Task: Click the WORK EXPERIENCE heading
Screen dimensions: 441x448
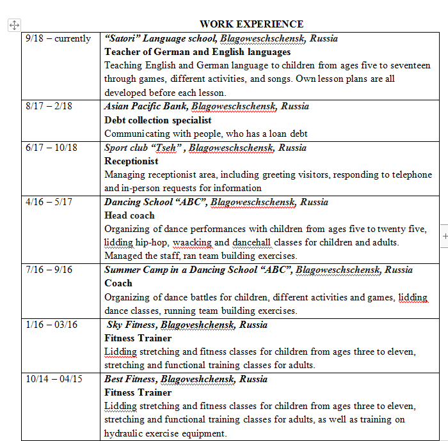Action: [x=252, y=24]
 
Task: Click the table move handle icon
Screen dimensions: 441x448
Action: [x=14, y=25]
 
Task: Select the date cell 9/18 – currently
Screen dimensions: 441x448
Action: [x=58, y=38]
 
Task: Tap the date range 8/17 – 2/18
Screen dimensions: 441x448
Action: [x=49, y=106]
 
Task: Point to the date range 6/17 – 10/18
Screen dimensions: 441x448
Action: [x=51, y=147]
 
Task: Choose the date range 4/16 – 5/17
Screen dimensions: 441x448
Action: [x=49, y=202]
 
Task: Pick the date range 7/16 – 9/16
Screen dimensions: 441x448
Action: [x=49, y=270]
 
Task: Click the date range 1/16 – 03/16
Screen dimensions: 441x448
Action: [x=51, y=325]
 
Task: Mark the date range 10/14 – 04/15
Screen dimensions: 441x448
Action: [x=54, y=379]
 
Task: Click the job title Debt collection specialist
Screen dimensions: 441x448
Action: [x=157, y=120]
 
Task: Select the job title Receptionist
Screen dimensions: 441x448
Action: [x=131, y=161]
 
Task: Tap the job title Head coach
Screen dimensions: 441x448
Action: [x=129, y=215]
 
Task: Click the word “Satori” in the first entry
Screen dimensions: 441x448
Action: [x=123, y=38]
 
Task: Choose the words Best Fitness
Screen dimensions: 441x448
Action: [x=130, y=379]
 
